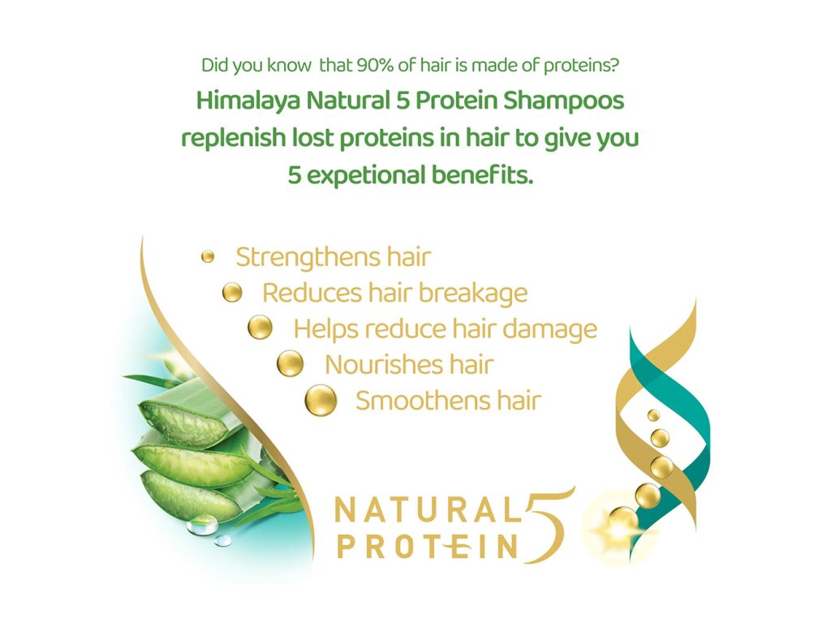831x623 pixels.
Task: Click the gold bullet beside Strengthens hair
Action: click(208, 257)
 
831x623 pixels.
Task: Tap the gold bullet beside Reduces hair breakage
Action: click(232, 292)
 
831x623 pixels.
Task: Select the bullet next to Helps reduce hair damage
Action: click(260, 328)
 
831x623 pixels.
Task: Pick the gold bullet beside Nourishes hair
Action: click(291, 363)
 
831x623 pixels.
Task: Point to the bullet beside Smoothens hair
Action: click(321, 400)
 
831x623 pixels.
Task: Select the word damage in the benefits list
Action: click(549, 329)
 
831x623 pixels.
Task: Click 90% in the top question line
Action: click(375, 65)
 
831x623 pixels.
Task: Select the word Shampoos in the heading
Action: click(564, 101)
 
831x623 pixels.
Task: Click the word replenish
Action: click(234, 139)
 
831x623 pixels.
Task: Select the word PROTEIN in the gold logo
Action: click(428, 547)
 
